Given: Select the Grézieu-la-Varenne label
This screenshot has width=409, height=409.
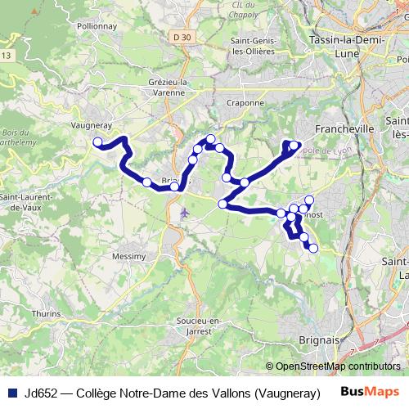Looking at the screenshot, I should coord(170,88).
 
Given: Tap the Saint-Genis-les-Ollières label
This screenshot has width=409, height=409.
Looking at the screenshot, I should coord(258,46).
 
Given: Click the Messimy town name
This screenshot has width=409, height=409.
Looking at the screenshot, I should coord(128,256).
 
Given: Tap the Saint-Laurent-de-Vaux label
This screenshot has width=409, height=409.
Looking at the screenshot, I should coord(25,202).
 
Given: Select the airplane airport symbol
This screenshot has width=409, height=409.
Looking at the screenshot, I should coord(184,213).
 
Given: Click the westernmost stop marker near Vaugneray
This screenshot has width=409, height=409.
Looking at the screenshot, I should coord(97,142).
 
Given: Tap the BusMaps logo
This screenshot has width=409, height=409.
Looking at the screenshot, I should coord(371,391).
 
